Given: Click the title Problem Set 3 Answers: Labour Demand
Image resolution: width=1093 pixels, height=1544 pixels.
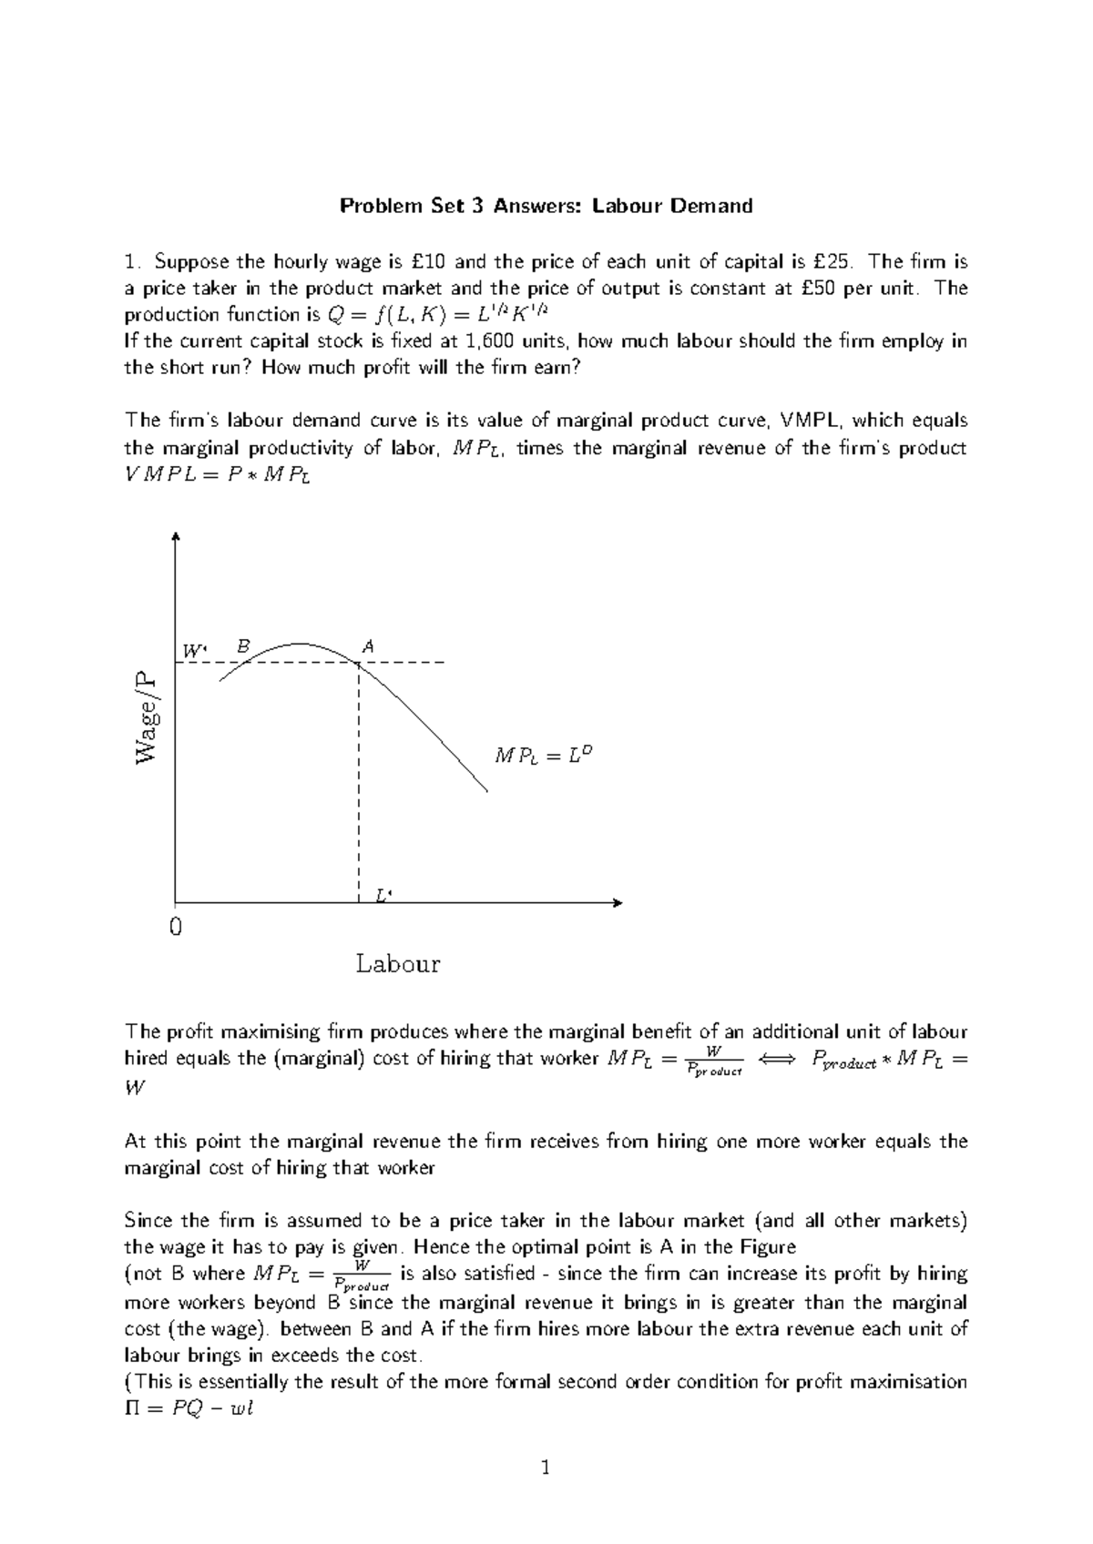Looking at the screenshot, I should (x=546, y=206).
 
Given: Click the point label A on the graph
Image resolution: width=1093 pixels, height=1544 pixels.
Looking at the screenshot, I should (x=369, y=646).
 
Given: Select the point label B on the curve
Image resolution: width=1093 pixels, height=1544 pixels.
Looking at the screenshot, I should (x=242, y=645).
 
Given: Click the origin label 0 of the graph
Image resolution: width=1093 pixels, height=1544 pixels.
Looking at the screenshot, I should (x=176, y=928).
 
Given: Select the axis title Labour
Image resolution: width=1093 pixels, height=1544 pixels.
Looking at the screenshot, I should (x=398, y=963).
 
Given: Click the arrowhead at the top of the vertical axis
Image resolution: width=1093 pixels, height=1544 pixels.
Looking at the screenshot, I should (x=175, y=536).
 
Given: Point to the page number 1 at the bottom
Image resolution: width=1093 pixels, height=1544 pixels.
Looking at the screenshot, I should (x=546, y=1468).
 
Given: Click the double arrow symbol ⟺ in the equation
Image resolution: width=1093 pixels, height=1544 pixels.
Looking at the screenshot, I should (x=776, y=1059).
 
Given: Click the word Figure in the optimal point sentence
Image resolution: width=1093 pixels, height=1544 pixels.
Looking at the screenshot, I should (x=766, y=1246).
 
